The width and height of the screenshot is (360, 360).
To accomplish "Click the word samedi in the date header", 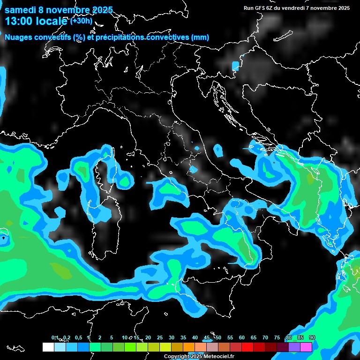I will (22, 10).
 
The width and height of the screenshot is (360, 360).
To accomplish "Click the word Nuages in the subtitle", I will (19, 37).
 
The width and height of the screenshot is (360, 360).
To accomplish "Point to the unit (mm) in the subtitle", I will (200, 37).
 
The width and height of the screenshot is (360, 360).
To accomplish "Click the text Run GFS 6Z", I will (259, 8).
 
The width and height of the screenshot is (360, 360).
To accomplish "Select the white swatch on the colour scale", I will (48, 347).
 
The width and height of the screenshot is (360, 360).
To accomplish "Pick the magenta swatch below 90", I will (306, 347).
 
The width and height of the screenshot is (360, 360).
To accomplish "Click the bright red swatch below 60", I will (247, 347).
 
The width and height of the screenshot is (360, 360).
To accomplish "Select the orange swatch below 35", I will (189, 347).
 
